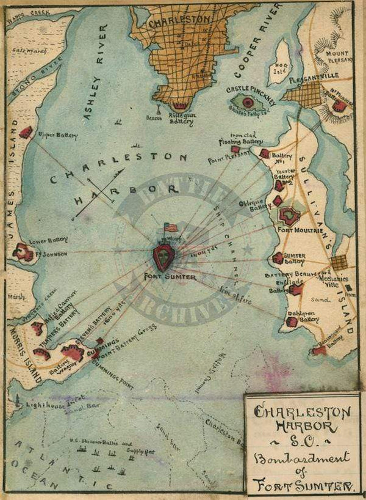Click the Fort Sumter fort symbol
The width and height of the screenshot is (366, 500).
pos(164,257)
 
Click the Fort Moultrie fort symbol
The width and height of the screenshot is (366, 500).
pos(289,215)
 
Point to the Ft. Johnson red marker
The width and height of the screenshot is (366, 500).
pos(24,251)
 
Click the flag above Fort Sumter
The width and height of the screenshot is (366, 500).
pos(171,227)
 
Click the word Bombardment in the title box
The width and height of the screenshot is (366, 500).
pos(301,457)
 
